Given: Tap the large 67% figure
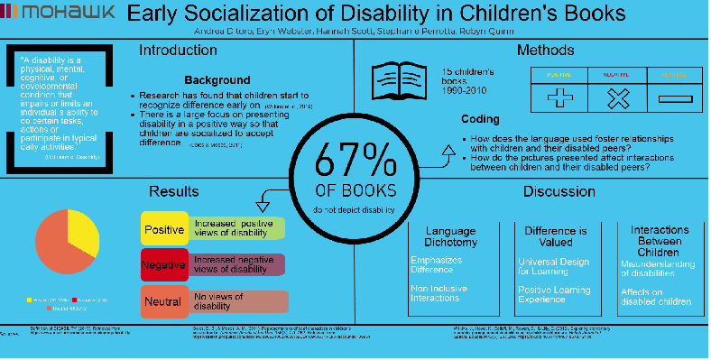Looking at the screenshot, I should [x=355, y=163].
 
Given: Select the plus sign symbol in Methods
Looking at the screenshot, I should [x=559, y=97].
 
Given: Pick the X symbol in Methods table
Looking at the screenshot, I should [x=617, y=97].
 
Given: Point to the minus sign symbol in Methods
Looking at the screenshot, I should [x=673, y=97].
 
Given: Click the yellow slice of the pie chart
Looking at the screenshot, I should [x=82, y=231].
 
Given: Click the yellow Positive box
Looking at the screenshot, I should [x=163, y=228].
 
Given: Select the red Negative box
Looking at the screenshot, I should [x=163, y=264].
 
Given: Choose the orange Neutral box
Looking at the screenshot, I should [x=163, y=300].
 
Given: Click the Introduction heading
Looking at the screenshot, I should [x=178, y=51].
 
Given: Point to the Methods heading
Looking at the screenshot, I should [x=544, y=51].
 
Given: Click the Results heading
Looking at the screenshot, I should [x=174, y=191].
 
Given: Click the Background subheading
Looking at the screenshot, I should [x=217, y=80].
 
